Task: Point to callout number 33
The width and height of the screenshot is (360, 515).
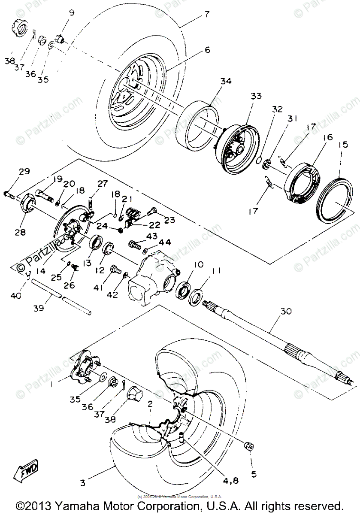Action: tap(256, 97)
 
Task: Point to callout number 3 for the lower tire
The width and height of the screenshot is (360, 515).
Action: tap(82, 483)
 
